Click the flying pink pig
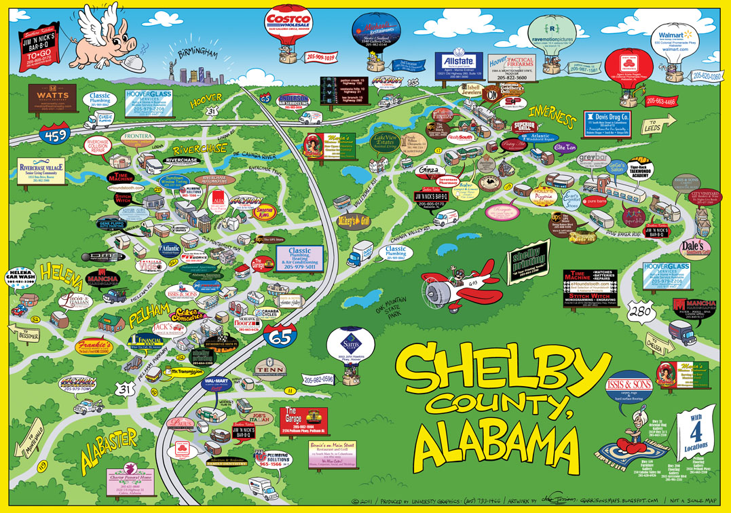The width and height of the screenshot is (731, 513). [108, 39]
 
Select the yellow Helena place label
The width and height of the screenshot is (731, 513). [61, 273]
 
